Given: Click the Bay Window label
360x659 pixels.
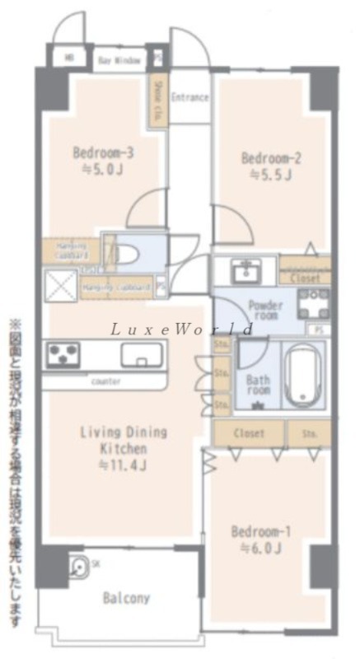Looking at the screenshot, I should click(119, 61).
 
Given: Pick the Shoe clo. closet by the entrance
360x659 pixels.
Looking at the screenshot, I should click(157, 99).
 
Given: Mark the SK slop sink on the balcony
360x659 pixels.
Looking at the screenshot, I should click(80, 567).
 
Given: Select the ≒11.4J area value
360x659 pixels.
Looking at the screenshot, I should click(123, 465).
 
